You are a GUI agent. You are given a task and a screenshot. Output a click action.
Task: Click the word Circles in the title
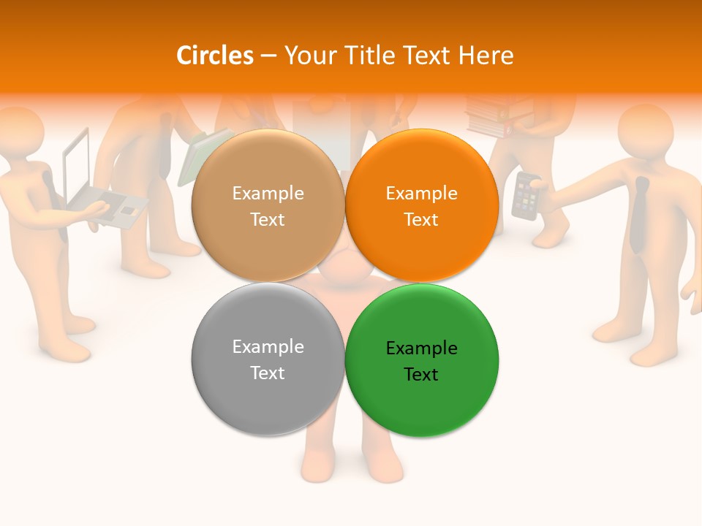(x=215, y=56)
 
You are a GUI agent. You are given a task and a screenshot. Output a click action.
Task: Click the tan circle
(x=268, y=206)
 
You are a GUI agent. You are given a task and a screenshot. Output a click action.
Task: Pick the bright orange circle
(x=422, y=206)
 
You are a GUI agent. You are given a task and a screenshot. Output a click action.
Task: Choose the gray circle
(x=268, y=359)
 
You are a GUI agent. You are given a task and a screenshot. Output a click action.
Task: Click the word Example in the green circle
(x=422, y=348)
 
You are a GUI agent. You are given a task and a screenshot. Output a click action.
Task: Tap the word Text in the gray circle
(x=268, y=373)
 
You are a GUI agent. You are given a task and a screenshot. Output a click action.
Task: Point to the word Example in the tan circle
(x=268, y=194)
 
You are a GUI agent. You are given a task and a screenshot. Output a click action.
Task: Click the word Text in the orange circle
(x=422, y=219)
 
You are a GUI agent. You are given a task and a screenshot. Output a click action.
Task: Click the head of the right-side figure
(x=645, y=131)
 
